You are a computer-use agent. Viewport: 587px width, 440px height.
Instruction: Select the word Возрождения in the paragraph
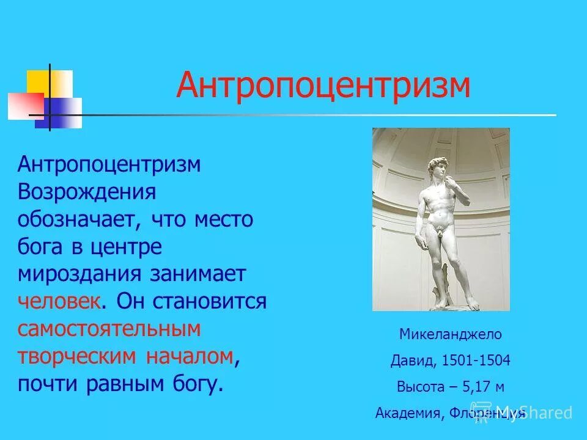click(87, 192)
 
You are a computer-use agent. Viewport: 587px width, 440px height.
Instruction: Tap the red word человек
click(58, 301)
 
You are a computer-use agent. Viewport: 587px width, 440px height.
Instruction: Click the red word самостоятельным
click(109, 329)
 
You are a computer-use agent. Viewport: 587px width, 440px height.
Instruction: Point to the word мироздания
click(79, 274)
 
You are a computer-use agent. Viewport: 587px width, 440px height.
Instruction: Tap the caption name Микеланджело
click(450, 334)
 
